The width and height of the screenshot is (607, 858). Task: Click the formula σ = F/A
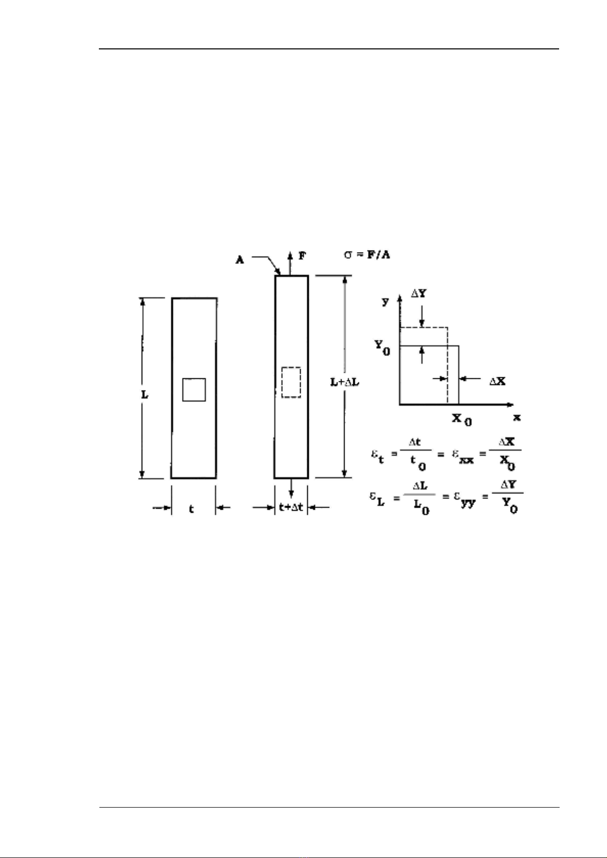point(367,255)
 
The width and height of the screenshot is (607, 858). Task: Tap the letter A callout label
point(240,260)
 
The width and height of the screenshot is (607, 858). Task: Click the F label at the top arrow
point(303,256)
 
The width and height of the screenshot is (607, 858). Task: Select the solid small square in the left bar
point(194,390)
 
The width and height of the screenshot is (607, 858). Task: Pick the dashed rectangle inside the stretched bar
point(291,382)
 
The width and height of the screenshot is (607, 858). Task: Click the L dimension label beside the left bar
point(145,395)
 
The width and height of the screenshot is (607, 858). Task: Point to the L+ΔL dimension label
point(345,382)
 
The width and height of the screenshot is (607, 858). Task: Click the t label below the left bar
point(192,509)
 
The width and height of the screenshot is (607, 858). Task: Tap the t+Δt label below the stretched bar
point(291,508)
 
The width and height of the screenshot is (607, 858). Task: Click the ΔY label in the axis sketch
point(419,294)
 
